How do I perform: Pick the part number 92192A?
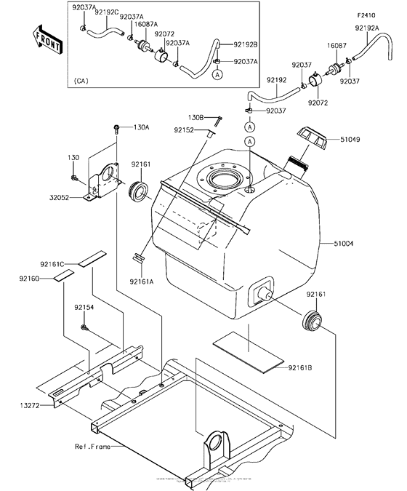[367, 28]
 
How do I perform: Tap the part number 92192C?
[107, 12]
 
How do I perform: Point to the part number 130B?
[196, 117]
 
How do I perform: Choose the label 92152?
[184, 130]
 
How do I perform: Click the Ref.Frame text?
[92, 446]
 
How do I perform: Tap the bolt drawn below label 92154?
[85, 330]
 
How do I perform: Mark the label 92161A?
[141, 281]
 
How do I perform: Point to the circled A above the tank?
[249, 140]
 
